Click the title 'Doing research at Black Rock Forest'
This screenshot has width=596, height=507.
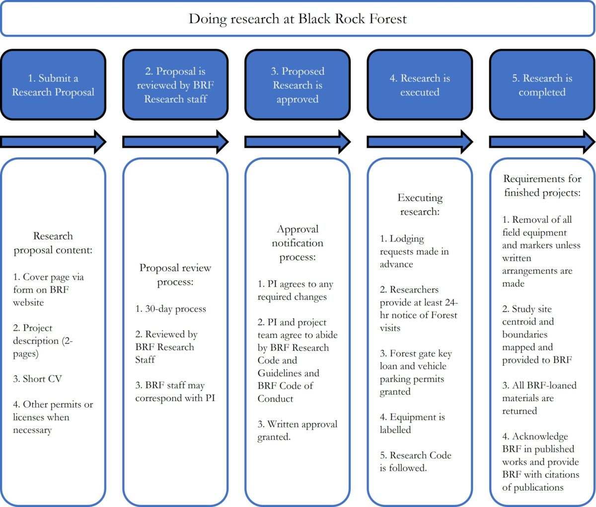(298, 19)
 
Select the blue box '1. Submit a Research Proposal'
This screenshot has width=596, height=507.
(53, 85)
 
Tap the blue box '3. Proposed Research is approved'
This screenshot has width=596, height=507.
(298, 85)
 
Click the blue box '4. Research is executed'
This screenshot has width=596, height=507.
(420, 85)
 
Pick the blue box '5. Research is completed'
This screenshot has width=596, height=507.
(542, 85)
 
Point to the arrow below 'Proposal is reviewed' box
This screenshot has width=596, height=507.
(175, 142)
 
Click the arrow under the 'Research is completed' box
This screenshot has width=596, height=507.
(542, 142)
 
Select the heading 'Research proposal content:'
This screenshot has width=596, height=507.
(53, 243)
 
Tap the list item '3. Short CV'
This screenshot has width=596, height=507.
(38, 379)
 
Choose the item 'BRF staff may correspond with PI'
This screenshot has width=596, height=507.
(175, 392)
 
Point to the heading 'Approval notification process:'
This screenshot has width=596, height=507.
(298, 243)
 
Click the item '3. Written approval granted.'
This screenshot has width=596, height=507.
(297, 430)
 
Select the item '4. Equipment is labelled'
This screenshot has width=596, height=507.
(412, 423)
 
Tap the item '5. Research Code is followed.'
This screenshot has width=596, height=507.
(415, 461)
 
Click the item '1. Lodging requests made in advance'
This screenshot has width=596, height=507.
(414, 251)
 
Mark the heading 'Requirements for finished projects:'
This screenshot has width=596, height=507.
(542, 185)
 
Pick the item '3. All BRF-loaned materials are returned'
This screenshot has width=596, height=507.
(539, 398)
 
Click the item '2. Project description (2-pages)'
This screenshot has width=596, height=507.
(43, 340)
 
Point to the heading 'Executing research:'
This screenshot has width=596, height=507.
(420, 204)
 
